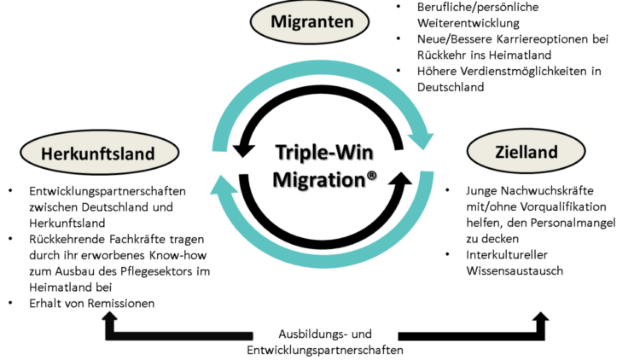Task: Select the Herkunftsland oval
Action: (98, 154)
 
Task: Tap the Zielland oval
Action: (525, 153)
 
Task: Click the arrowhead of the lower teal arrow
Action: (220, 183)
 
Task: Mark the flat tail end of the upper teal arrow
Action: (219, 148)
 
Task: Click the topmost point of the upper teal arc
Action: (323, 62)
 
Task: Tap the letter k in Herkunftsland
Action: (79, 154)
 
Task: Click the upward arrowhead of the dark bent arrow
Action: (109, 316)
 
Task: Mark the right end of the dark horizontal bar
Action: (253, 335)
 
